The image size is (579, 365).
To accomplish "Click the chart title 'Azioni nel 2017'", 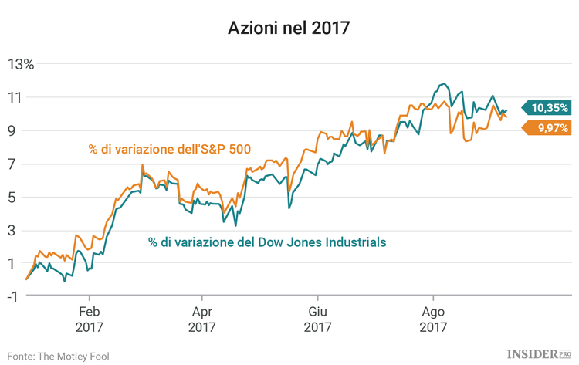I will tap(289, 29).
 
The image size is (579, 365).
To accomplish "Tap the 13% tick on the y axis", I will tap(22, 64).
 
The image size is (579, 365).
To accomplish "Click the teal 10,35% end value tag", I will tap(547, 108).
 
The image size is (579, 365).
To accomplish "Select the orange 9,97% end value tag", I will tap(547, 128).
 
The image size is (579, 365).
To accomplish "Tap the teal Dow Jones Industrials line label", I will tap(266, 242).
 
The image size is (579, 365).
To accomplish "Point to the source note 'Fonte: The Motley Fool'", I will tap(59, 355).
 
